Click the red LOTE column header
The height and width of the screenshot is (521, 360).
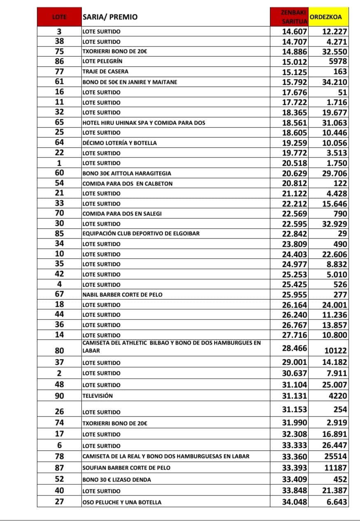[x=59, y=17]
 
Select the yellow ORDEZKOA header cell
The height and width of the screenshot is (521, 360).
[x=328, y=17]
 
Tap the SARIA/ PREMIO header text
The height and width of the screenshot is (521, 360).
[x=110, y=17]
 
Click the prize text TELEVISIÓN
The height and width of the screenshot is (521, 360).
[x=98, y=396]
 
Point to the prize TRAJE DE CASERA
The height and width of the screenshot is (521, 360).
[x=105, y=72]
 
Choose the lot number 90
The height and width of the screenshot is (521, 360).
[x=59, y=396]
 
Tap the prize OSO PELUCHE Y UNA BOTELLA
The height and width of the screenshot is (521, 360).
[x=122, y=502]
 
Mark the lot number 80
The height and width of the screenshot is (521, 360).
[x=59, y=351]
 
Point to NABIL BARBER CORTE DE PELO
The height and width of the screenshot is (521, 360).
[x=122, y=295]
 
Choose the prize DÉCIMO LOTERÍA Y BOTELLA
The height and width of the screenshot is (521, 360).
[x=119, y=143]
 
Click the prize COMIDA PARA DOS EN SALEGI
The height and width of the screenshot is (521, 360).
[x=122, y=214]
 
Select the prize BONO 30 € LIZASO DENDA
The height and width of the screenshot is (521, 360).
[x=116, y=479]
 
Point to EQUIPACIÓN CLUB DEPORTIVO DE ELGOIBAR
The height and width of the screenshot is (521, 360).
[x=141, y=234]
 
